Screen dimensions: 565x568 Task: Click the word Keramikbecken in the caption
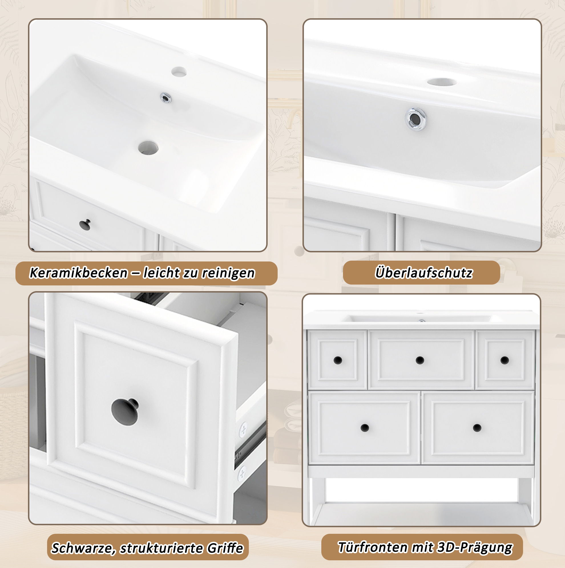(x=78, y=273)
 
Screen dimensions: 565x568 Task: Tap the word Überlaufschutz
(x=424, y=273)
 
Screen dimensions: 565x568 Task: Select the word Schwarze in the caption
(x=83, y=548)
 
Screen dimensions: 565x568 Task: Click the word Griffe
(x=225, y=548)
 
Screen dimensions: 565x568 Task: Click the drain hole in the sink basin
(x=148, y=148)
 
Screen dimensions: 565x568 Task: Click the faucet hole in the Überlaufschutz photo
(x=442, y=82)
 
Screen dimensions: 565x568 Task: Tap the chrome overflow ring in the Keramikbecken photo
(x=166, y=98)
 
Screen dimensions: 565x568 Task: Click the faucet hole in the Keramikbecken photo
(x=179, y=72)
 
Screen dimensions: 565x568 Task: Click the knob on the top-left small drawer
(x=338, y=360)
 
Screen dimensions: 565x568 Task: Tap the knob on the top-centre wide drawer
(x=420, y=360)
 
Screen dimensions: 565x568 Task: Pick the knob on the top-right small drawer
(x=505, y=360)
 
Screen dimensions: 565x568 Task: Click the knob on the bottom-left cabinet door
(x=365, y=428)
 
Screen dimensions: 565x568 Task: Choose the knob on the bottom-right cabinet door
(x=477, y=428)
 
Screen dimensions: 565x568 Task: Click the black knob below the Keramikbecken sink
(x=85, y=225)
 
